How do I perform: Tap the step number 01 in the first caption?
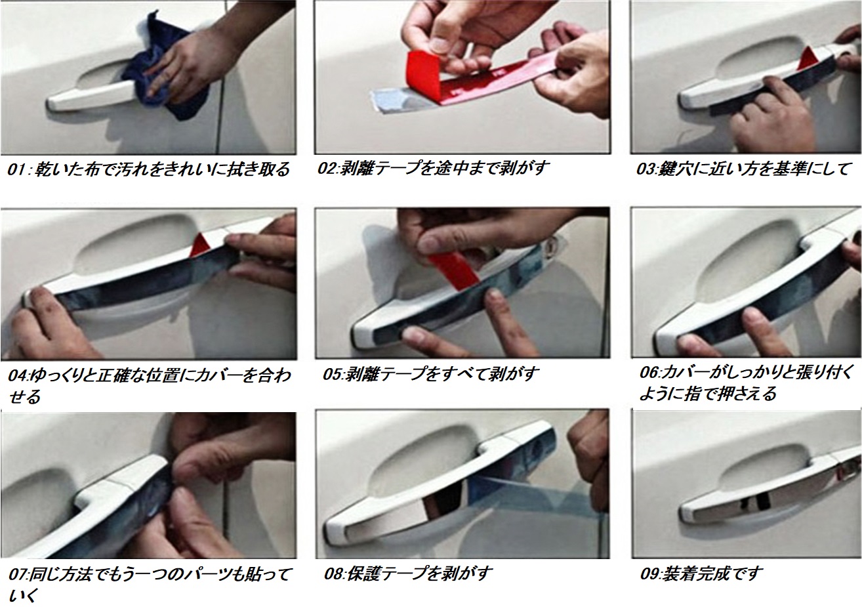17,170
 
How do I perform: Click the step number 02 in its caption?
327,169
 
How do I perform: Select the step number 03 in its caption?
647,169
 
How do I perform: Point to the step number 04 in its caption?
18,375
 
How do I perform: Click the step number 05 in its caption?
333,374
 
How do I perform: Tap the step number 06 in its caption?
649,373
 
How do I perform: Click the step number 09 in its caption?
650,574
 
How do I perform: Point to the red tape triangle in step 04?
201,245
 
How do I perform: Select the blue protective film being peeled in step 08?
539,497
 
